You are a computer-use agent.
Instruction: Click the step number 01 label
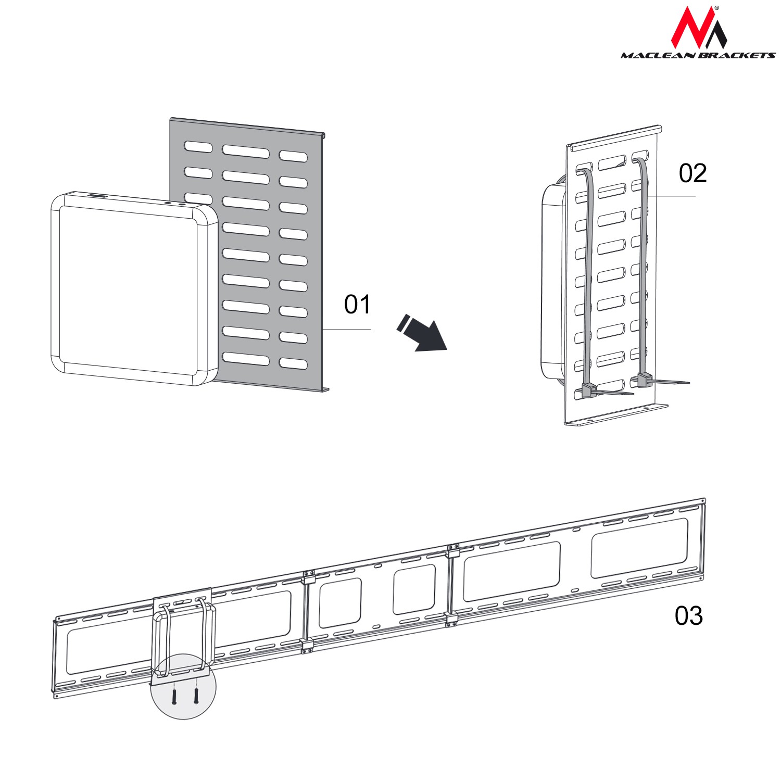(357, 304)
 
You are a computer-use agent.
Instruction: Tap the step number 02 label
(692, 173)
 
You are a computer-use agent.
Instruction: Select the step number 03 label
(688, 616)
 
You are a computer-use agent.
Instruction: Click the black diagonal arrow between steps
(422, 333)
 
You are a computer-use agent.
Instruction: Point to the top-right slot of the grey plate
(293, 156)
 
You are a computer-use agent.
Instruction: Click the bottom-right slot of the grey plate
(293, 363)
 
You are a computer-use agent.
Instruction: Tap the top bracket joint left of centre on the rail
(309, 577)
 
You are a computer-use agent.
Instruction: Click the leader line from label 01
(347, 330)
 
